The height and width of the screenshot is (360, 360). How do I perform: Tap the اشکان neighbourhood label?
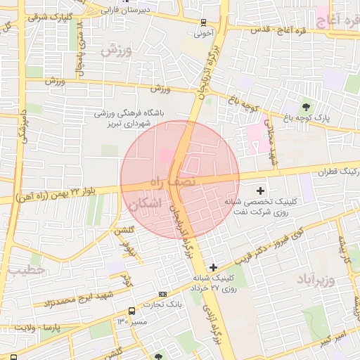145,205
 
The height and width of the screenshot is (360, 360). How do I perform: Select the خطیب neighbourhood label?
26,269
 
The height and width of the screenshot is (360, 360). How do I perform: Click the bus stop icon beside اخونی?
203,22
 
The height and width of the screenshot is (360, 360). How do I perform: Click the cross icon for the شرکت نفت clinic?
261,190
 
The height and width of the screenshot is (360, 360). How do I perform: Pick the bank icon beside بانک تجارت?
163,294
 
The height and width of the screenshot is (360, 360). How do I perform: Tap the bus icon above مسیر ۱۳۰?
131,311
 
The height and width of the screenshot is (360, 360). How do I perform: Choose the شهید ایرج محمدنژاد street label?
75,302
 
